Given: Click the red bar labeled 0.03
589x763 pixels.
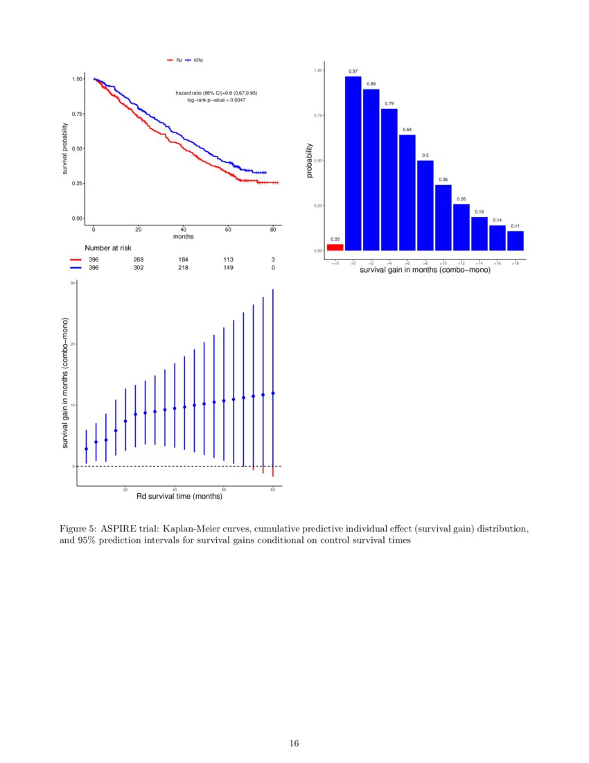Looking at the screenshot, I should (335, 247).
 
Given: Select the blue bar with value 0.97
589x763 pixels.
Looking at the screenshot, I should (353, 163).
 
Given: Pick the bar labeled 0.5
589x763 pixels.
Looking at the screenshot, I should (425, 205).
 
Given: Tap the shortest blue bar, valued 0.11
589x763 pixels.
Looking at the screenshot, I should (516, 240).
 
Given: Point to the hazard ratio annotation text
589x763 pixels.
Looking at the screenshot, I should (216, 93).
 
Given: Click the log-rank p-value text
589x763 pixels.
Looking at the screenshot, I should (216, 101).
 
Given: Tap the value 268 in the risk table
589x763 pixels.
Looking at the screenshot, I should (139, 259).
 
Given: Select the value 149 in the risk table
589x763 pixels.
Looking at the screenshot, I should (228, 267).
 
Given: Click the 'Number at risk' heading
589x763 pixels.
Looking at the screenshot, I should (108, 248).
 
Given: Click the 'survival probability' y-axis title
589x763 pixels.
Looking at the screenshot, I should (65, 148).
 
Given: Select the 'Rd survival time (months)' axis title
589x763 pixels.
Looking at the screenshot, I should (179, 497).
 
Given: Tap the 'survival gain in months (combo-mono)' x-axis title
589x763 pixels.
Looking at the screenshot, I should (425, 269).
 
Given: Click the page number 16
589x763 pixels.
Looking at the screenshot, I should (294, 744).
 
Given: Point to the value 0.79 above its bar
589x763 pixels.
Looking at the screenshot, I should (389, 103).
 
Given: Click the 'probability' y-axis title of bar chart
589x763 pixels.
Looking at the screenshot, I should (310, 160).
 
